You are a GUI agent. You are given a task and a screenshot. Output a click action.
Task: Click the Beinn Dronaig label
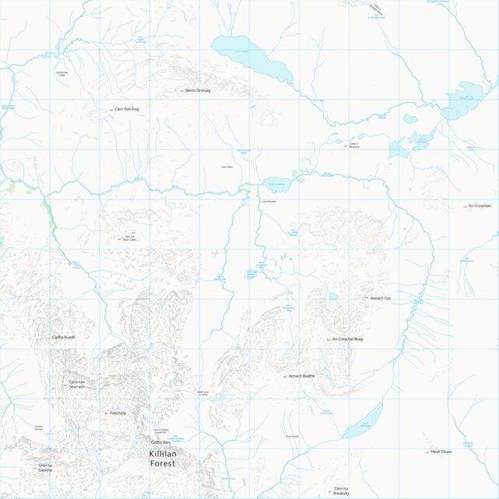coord(199,90)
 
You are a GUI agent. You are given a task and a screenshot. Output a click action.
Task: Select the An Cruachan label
coord(480,206)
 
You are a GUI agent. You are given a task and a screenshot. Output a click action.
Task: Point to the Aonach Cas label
coord(381,298)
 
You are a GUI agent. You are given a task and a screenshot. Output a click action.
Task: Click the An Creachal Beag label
coord(347,339)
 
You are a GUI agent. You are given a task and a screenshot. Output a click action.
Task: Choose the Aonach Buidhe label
coord(301,376)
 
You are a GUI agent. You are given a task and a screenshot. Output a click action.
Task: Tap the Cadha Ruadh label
coord(64,337)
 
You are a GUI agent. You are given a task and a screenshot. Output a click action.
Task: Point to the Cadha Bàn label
coord(160,442)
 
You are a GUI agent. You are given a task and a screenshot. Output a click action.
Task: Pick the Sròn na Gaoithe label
coord(45,467)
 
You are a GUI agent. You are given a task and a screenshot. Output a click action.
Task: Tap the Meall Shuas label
coord(441,452)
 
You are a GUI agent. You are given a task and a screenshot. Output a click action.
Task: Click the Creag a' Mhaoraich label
coord(354,146)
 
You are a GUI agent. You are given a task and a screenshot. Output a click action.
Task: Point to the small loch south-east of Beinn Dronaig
coord(278,185)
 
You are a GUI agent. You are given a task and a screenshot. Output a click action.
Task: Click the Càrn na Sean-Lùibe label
coord(129,238)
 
